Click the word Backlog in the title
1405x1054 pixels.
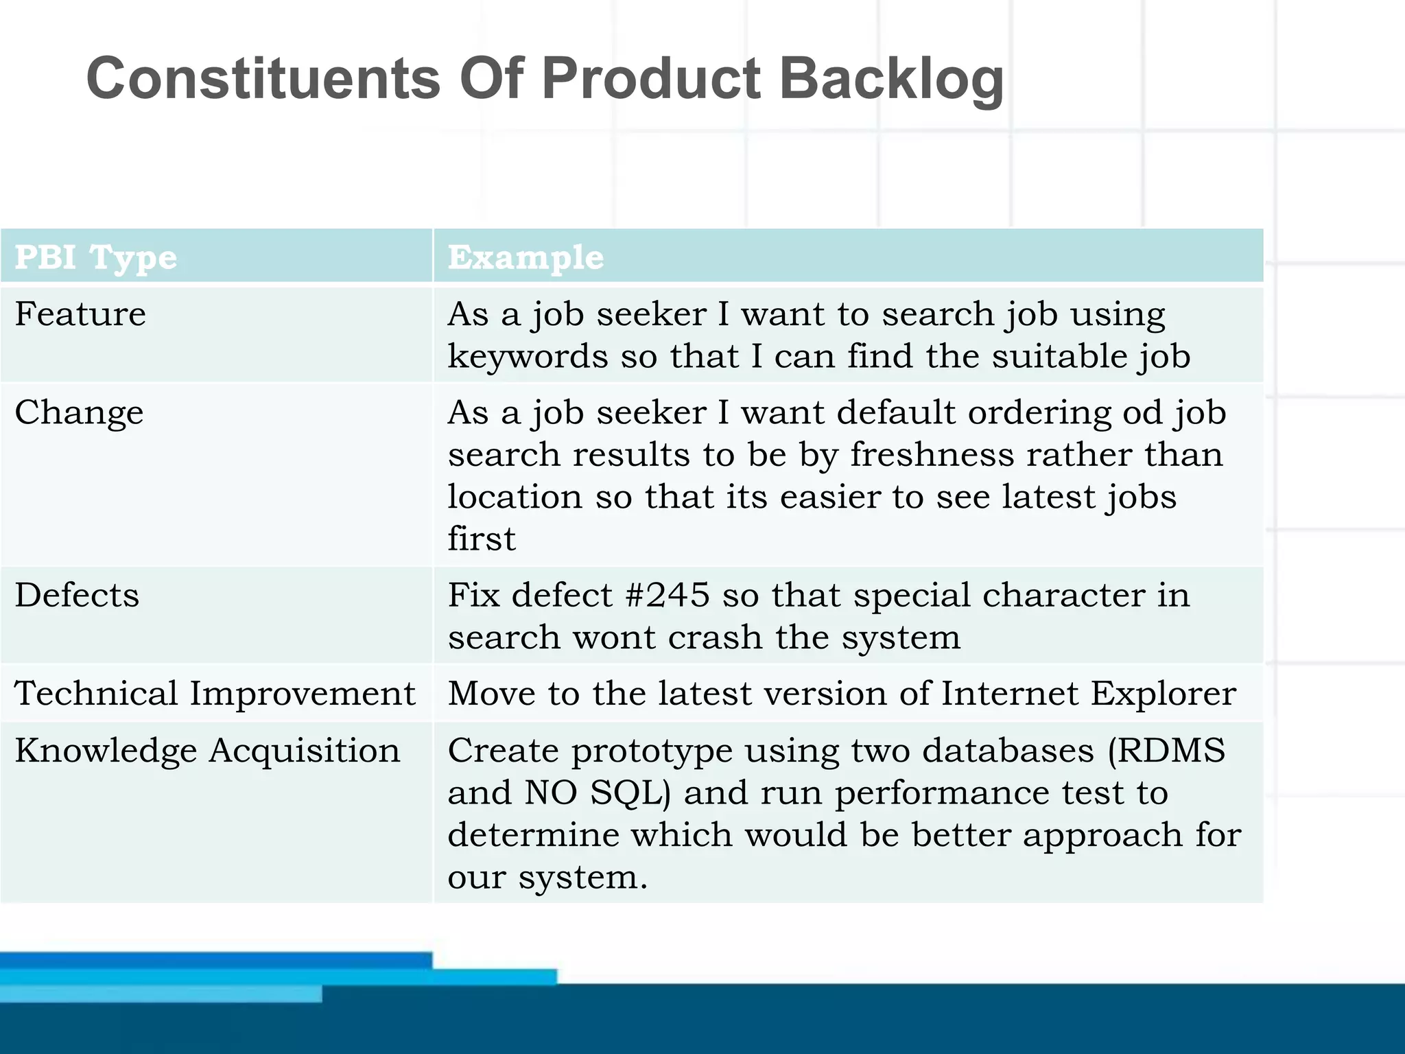tap(891, 79)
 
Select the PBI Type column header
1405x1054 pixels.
tap(96, 257)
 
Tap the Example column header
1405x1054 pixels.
tap(526, 257)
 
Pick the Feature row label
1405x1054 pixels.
tap(80, 314)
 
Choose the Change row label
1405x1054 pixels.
tap(79, 413)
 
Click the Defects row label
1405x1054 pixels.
tap(77, 595)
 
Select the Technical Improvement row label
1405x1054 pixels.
tap(215, 693)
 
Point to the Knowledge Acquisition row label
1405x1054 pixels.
tap(207, 750)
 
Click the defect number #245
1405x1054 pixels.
tap(668, 595)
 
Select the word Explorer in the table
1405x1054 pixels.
tap(1164, 694)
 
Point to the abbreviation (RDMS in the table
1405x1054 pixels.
tap(1166, 750)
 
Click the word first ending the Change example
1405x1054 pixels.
tap(481, 539)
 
